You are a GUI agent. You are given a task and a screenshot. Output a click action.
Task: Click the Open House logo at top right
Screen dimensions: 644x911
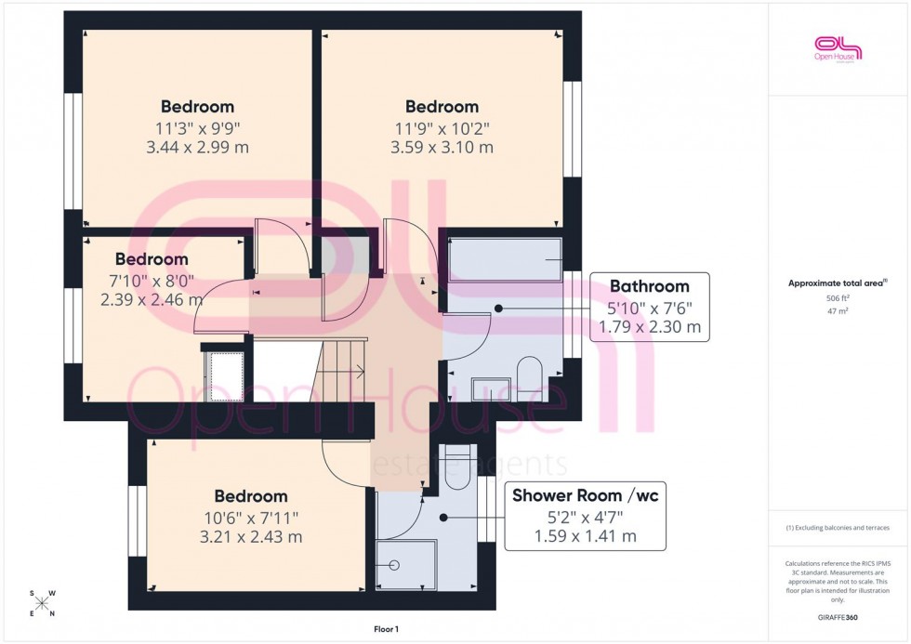click(x=838, y=47)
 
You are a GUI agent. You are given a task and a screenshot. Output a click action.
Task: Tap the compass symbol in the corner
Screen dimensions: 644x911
click(x=42, y=603)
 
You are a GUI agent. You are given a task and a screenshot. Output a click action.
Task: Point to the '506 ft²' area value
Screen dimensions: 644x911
click(x=838, y=297)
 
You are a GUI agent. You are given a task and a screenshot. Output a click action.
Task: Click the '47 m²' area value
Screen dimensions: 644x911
click(x=838, y=311)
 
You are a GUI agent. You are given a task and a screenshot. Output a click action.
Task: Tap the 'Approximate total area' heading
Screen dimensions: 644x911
click(x=837, y=283)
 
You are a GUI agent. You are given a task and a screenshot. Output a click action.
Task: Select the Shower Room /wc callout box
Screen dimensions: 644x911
click(x=585, y=516)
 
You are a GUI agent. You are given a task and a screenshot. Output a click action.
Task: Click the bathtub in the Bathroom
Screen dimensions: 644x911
click(x=506, y=259)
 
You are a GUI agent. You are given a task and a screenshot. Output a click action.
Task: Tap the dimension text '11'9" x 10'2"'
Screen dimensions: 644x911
click(x=442, y=127)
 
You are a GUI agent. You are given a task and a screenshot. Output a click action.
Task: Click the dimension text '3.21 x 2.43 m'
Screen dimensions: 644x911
click(x=250, y=536)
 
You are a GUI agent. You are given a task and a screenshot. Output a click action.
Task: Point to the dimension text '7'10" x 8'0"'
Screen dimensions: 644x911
click(x=151, y=280)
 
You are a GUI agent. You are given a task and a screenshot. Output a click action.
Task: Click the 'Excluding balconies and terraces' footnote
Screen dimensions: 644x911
click(x=838, y=528)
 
